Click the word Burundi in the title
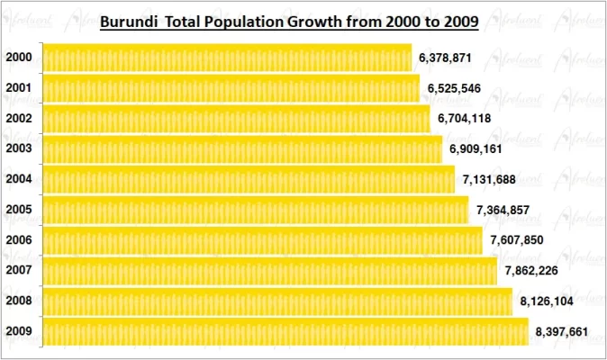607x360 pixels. (126, 19)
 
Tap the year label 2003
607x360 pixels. (19, 148)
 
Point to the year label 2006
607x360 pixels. (19, 240)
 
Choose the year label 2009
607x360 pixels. (19, 331)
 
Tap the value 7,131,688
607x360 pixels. (488, 179)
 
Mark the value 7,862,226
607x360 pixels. (531, 271)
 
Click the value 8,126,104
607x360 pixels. (546, 301)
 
